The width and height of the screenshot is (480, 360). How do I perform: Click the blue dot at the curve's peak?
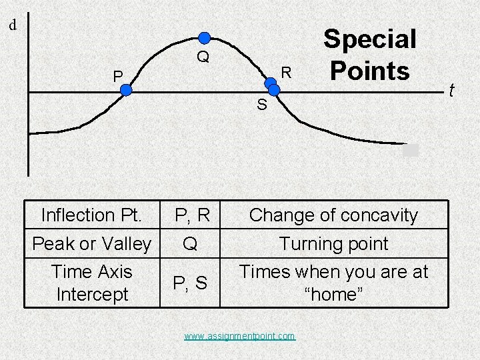click(205, 37)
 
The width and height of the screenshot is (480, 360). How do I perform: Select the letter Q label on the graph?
click(203, 57)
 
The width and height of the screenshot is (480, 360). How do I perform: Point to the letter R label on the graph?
click(286, 71)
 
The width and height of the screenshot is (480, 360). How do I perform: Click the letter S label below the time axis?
click(262, 105)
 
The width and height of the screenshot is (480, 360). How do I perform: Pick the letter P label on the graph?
click(117, 77)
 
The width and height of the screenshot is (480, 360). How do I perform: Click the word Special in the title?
click(369, 39)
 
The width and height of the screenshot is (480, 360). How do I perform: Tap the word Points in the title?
click(369, 69)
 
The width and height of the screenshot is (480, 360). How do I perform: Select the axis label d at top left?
click(13, 26)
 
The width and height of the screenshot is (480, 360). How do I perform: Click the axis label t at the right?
click(451, 90)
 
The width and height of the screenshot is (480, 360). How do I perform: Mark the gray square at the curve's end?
click(411, 150)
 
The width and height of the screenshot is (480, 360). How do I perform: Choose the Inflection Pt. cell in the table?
click(91, 215)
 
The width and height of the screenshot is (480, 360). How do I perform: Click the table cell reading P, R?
click(192, 215)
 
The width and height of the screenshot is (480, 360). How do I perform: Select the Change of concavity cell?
click(333, 215)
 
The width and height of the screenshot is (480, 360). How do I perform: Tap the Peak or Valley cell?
click(91, 244)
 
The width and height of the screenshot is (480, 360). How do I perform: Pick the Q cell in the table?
click(191, 244)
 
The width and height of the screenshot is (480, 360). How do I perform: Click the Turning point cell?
click(333, 244)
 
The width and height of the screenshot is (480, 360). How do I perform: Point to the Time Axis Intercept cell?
click(91, 283)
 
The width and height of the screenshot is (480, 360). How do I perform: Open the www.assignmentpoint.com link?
click(239, 336)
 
